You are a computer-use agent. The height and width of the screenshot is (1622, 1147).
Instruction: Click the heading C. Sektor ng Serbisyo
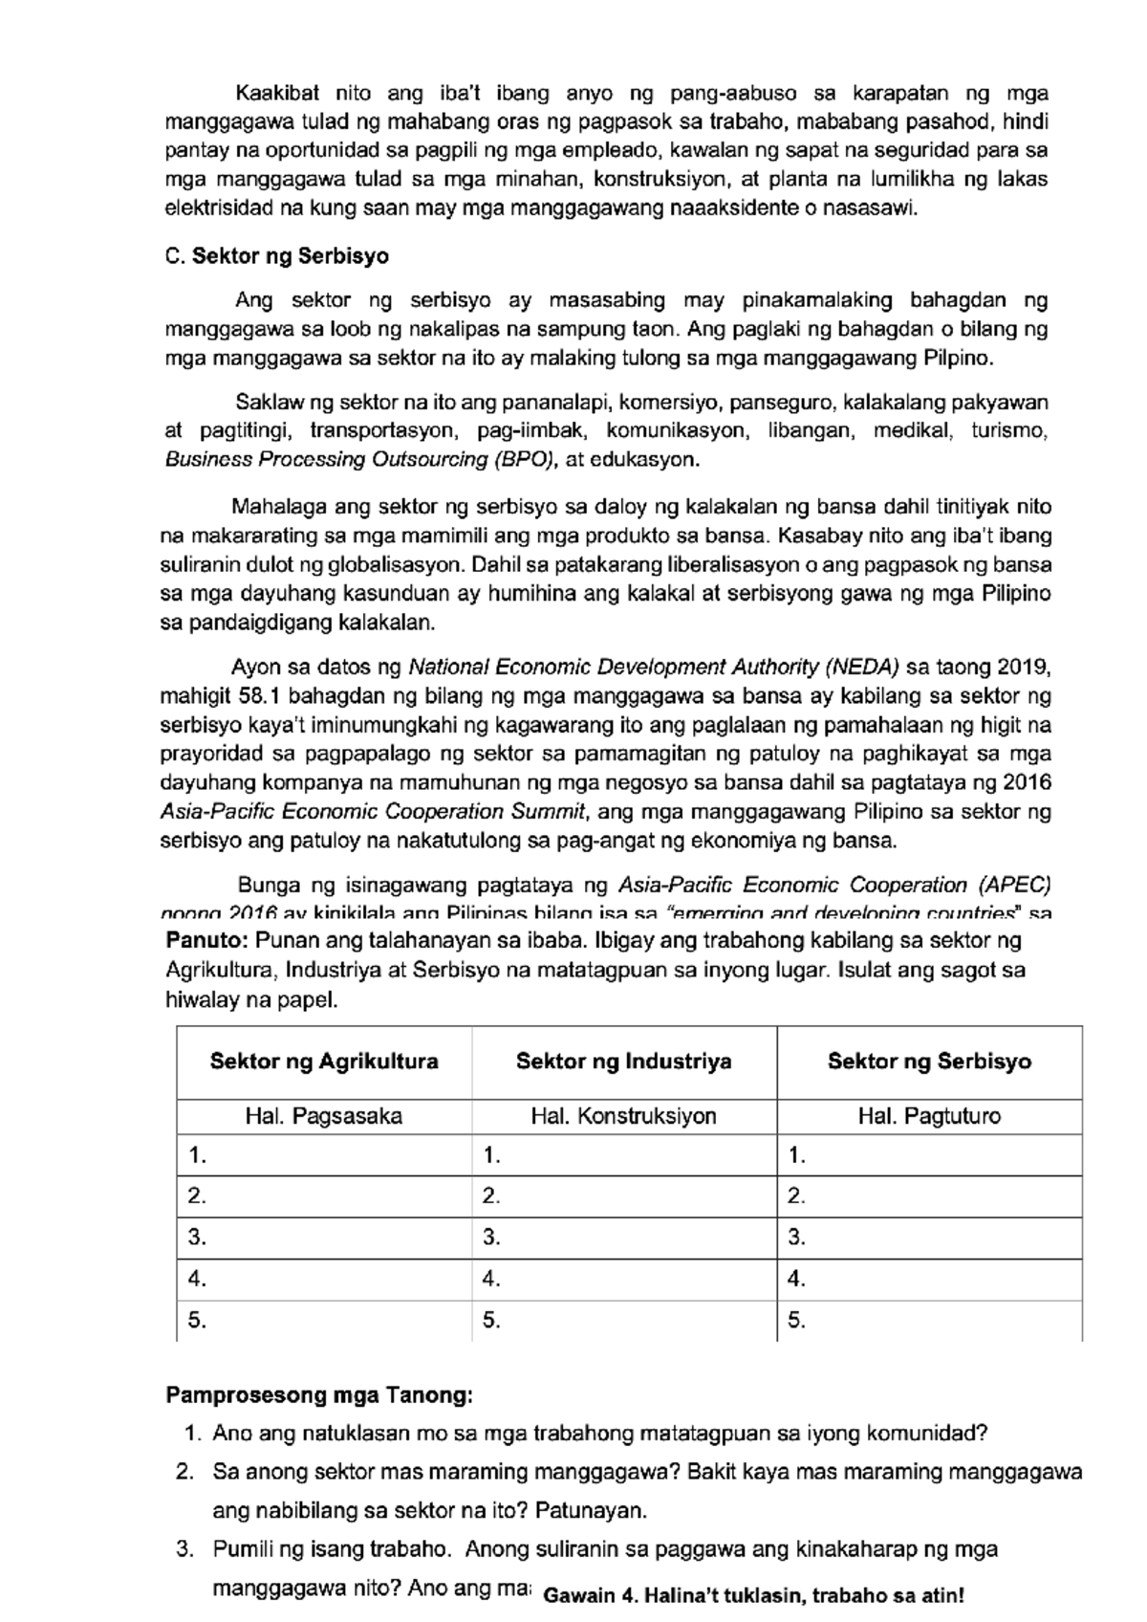tap(277, 256)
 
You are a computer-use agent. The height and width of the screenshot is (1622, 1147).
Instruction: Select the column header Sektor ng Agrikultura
tap(324, 1061)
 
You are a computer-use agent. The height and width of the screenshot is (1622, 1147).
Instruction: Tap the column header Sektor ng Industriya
tap(623, 1061)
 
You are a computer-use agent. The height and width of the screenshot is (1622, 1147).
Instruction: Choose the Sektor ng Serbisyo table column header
tap(929, 1061)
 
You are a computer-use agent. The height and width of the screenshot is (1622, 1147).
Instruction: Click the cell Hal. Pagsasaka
tap(324, 1116)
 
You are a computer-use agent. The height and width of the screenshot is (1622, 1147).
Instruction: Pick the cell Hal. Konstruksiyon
tap(623, 1116)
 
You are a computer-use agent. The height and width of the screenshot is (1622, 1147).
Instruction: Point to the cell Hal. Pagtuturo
tap(929, 1116)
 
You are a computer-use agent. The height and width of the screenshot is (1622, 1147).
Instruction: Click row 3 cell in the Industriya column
tap(623, 1238)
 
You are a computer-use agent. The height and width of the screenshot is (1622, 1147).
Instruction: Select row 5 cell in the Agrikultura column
tap(324, 1321)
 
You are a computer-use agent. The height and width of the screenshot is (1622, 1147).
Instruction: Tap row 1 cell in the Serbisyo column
tap(929, 1155)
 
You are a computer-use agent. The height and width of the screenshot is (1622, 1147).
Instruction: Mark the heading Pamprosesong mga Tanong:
tap(319, 1395)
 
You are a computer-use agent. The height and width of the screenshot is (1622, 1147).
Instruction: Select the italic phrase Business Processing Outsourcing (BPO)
tap(360, 460)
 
